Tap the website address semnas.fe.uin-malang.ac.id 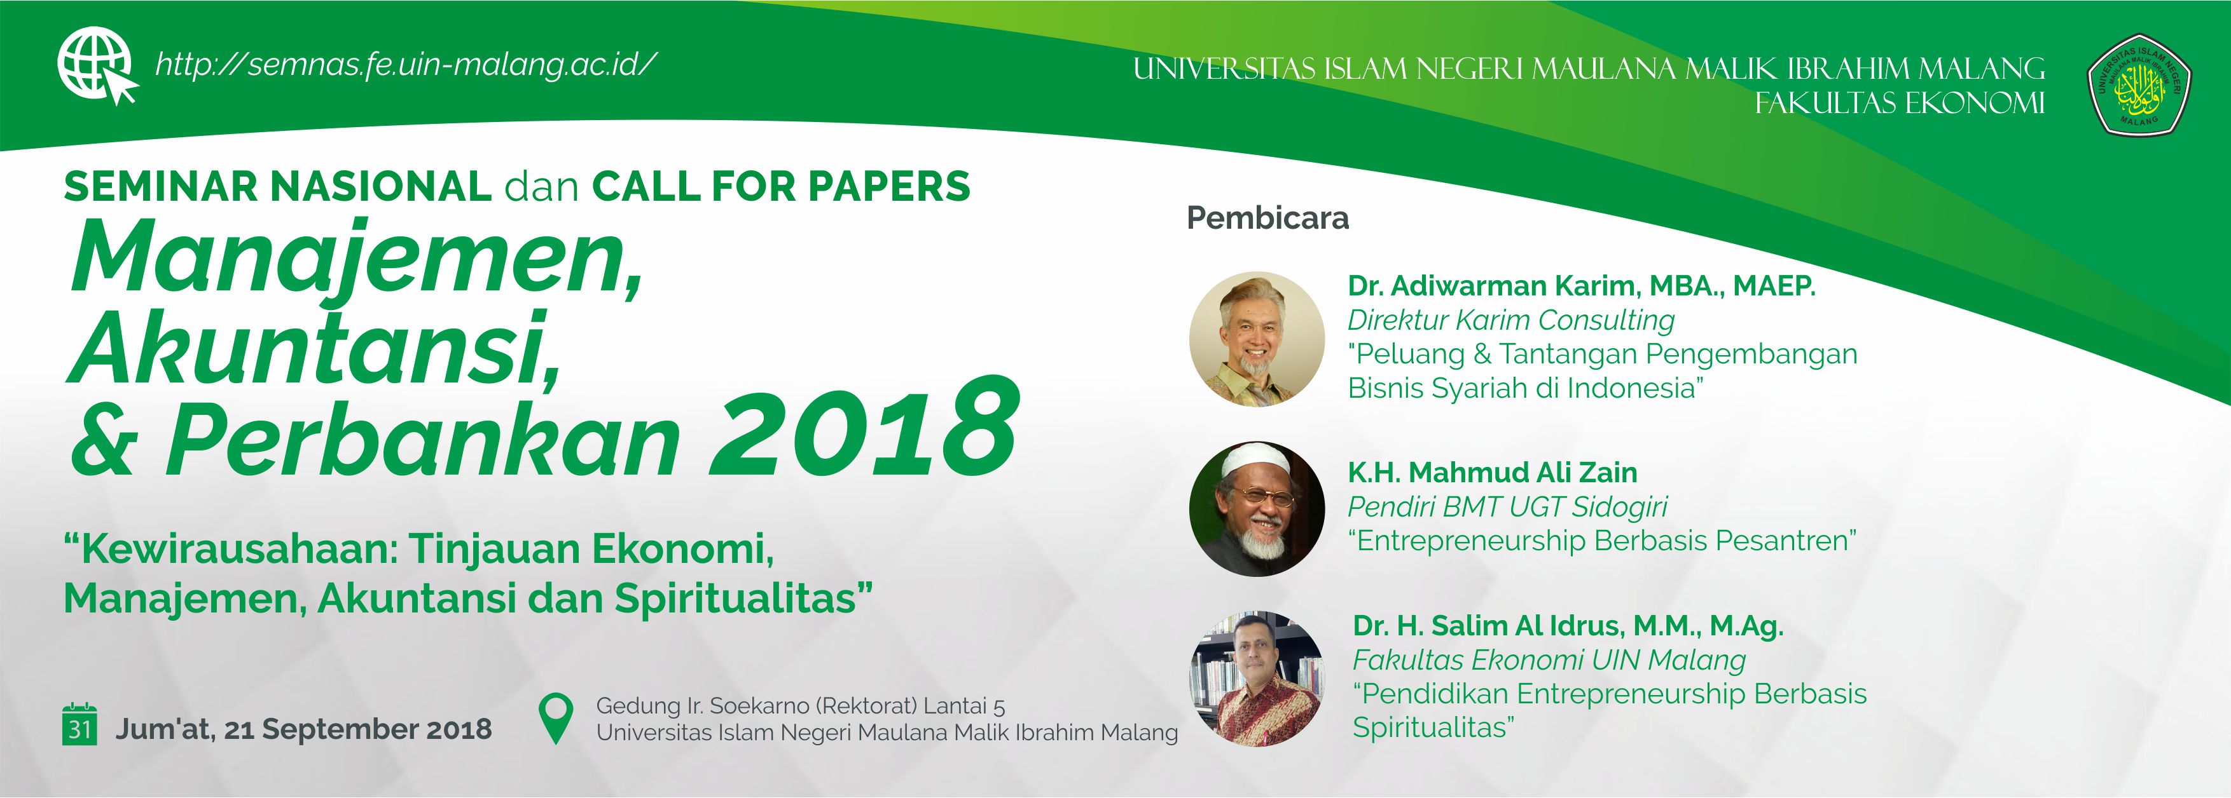(405, 65)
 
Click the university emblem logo (2138, 85)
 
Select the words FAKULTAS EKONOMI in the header (1899, 104)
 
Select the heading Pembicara (1267, 218)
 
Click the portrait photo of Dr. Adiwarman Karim (1257, 339)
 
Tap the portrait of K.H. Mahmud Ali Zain (1257, 509)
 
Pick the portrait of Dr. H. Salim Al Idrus (1257, 679)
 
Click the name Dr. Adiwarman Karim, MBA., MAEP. (1580, 286)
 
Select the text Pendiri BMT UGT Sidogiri (1507, 506)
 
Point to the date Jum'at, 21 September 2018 (303, 729)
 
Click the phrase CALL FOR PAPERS (780, 187)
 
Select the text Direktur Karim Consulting (1510, 320)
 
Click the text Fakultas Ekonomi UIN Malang (1549, 659)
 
